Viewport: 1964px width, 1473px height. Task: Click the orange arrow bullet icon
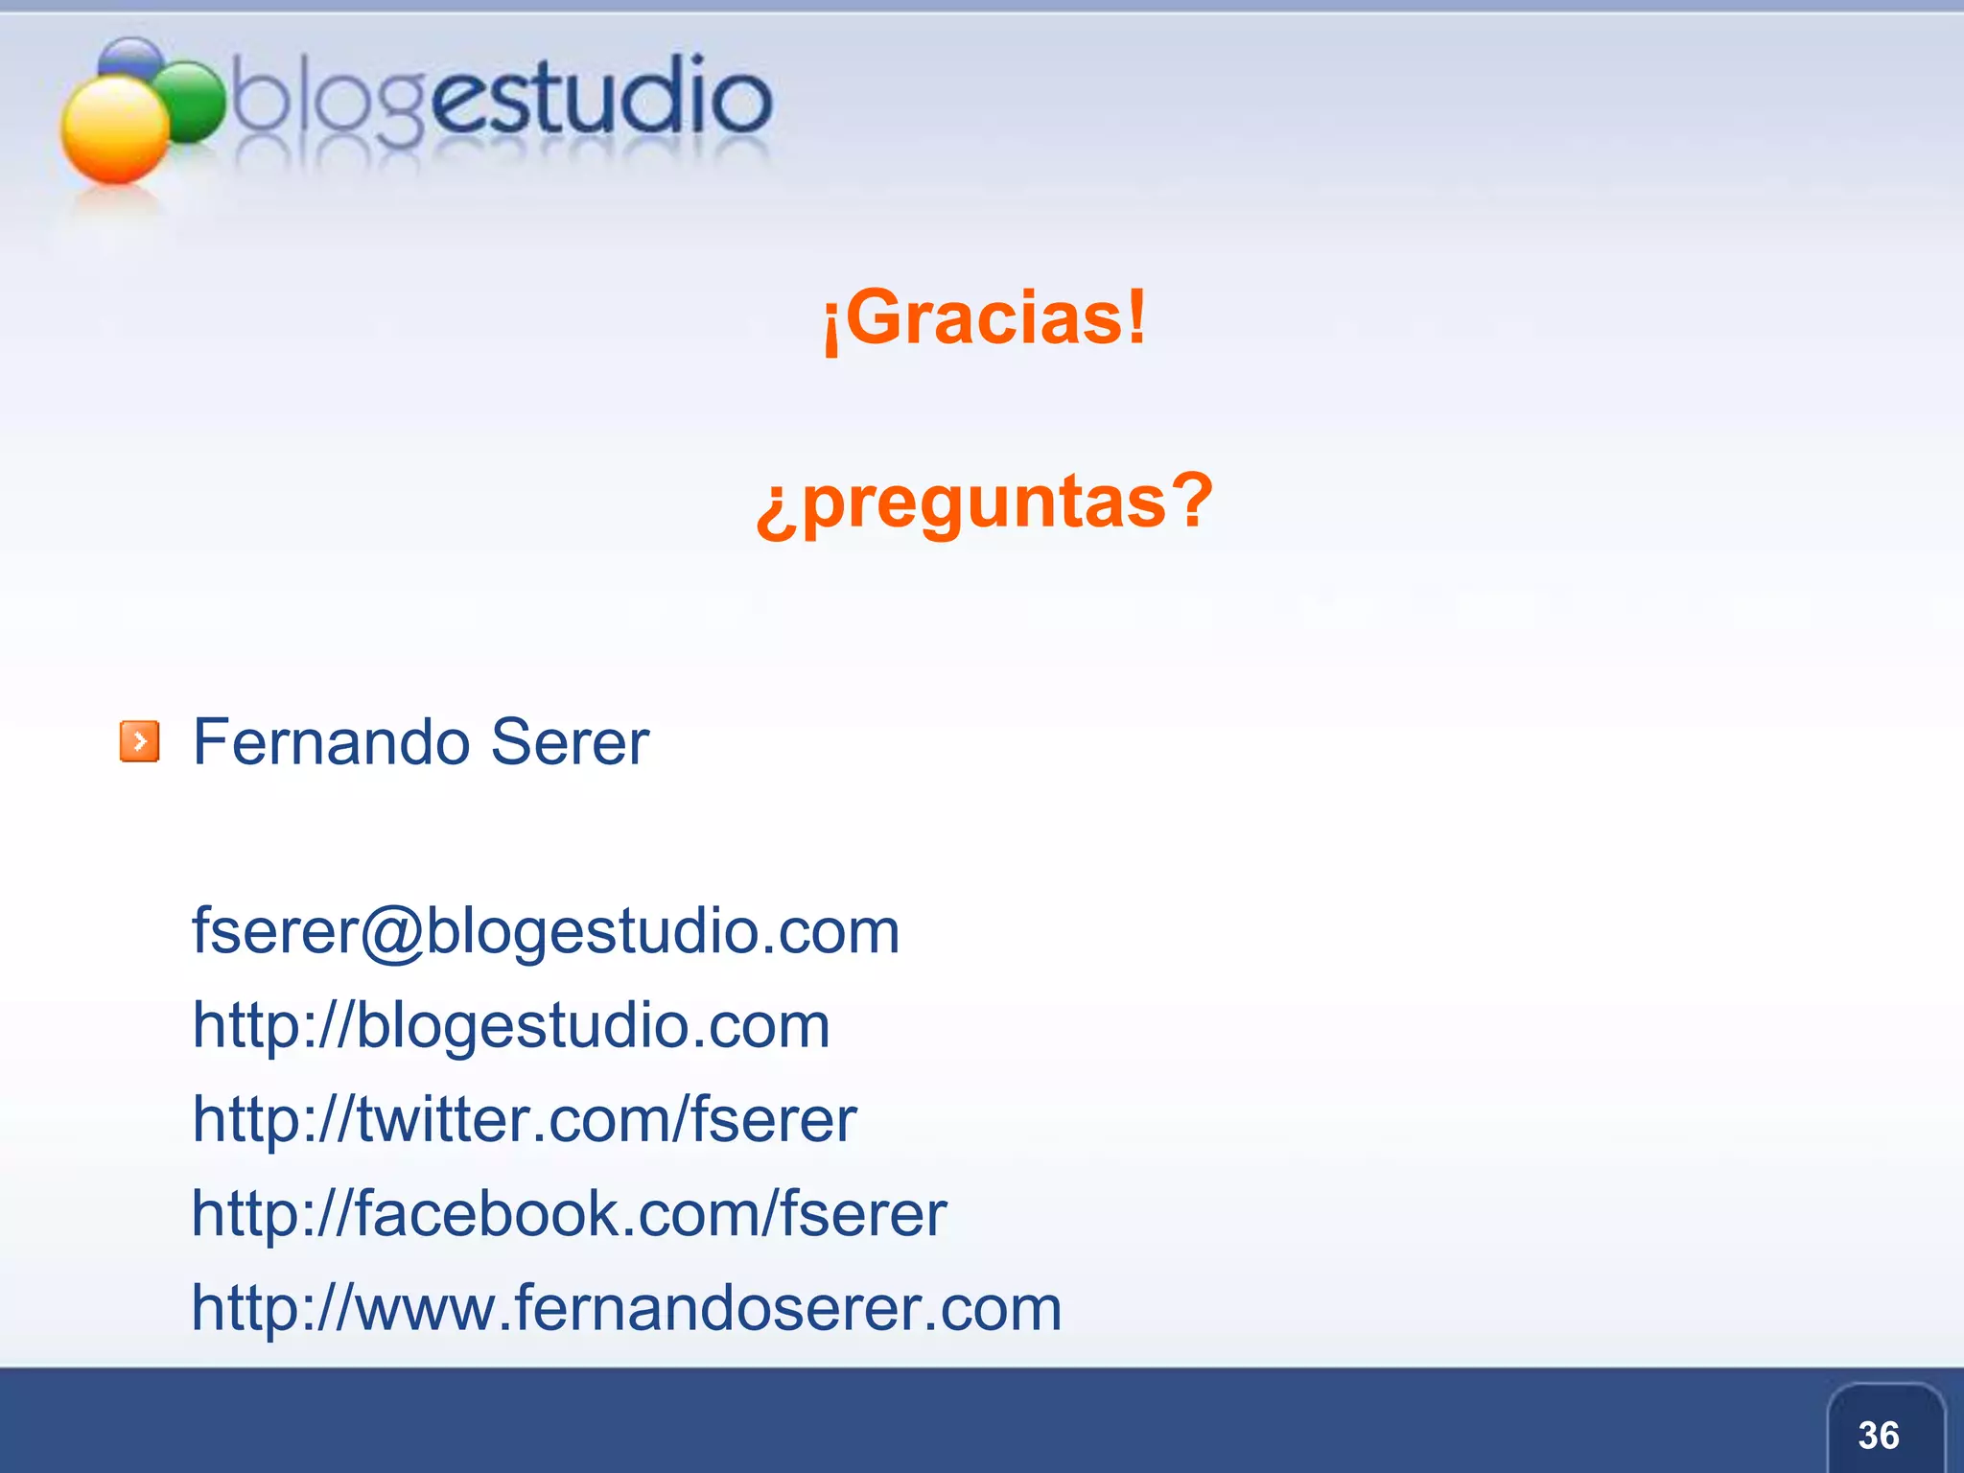click(139, 742)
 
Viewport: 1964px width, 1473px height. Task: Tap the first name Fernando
click(331, 742)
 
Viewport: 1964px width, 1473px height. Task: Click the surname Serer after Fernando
click(570, 742)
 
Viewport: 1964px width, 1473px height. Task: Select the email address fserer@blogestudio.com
click(546, 931)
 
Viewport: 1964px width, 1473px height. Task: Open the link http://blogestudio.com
click(511, 1025)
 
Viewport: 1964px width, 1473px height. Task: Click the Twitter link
click(525, 1119)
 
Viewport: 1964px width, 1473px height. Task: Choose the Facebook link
click(570, 1213)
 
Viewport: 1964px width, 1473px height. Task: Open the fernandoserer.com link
click(626, 1307)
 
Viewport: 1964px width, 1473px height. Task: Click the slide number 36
click(1879, 1435)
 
